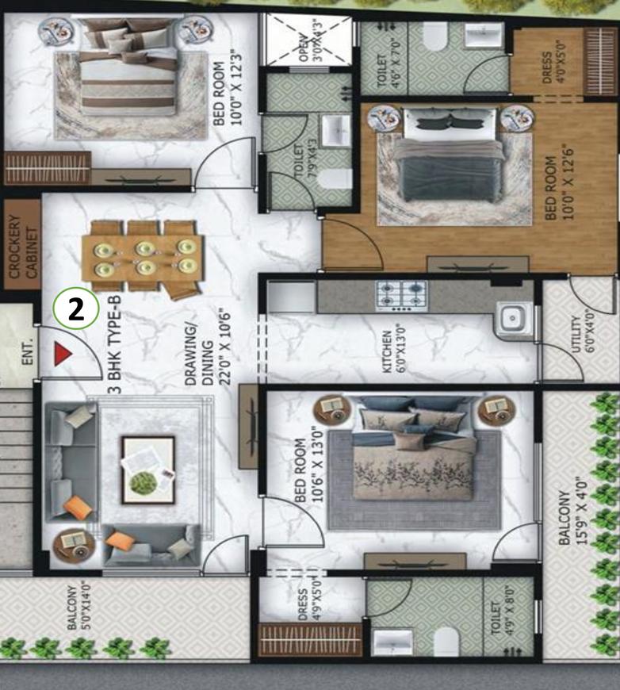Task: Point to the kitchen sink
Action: tap(511, 319)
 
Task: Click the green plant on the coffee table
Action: tap(144, 481)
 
